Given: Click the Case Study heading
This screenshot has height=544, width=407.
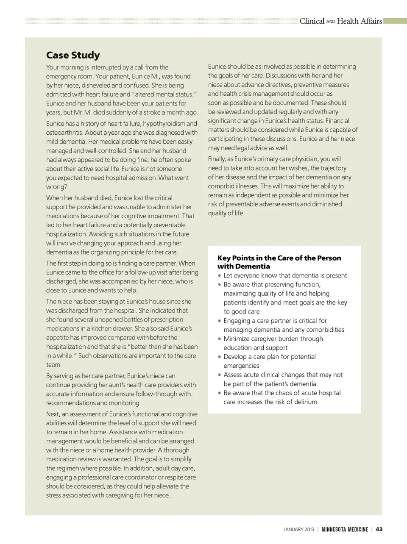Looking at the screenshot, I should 73,55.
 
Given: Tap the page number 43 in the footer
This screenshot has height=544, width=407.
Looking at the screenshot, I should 379,529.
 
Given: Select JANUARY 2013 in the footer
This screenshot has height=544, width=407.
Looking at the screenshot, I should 299,530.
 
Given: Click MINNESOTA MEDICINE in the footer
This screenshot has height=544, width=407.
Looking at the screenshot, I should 345,530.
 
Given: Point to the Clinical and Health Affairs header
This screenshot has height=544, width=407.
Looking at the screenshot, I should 340,21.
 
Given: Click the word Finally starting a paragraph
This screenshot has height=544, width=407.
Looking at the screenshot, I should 217,159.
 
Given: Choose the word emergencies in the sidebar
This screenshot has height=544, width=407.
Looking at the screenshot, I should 241,366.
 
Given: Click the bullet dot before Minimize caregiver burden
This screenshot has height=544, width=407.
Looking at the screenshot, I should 220,339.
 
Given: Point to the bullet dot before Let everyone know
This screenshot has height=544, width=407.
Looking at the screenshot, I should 220,275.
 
